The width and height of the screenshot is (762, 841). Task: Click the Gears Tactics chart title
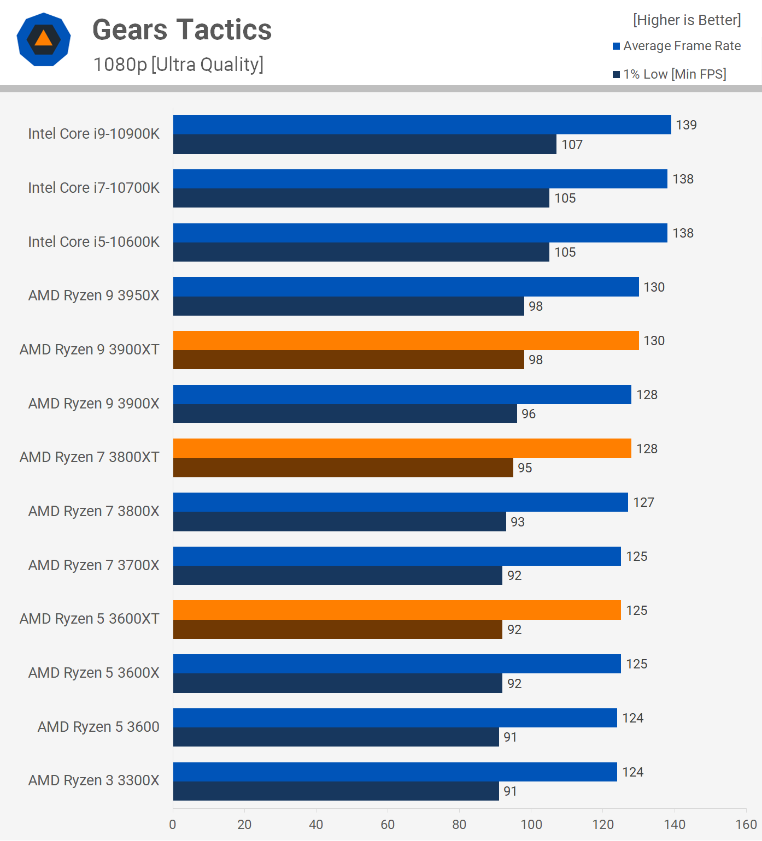182,30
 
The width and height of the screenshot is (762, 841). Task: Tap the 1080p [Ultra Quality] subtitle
178,64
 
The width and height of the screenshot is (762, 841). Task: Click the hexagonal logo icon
44,39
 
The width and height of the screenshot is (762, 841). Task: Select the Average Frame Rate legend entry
677,46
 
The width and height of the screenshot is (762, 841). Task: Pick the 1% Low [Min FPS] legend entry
670,74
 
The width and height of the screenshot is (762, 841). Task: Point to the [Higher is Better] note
687,20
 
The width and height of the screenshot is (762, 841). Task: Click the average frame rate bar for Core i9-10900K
422,125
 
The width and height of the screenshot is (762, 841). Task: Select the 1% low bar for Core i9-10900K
365,144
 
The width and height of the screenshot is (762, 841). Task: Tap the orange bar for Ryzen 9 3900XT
406,340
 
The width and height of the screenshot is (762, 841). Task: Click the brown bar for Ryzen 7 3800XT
343,467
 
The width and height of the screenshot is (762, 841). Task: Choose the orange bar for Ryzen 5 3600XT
397,610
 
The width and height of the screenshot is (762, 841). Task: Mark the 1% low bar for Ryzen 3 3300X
336,791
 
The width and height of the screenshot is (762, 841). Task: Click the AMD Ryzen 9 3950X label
94,295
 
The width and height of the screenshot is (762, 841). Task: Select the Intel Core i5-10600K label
94,241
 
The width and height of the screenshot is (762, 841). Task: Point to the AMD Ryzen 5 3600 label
98,727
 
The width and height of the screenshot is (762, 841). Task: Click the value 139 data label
686,125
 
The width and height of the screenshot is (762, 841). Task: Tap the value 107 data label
572,145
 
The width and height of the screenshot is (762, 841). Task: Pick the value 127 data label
643,502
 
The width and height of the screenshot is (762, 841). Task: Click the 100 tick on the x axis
531,825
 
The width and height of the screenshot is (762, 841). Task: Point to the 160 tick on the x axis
746,825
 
